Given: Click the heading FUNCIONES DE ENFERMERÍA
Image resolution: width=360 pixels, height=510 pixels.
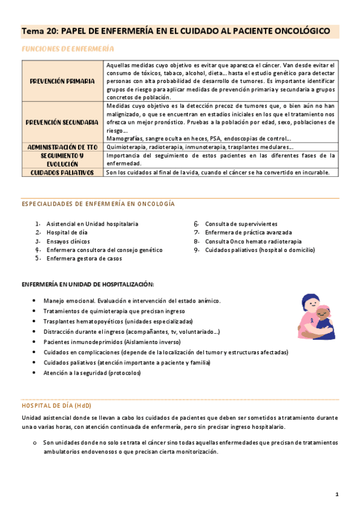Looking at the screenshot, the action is pyautogui.click(x=67, y=48).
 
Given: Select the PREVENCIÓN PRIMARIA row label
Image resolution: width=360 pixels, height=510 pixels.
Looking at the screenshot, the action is pyautogui.click(x=63, y=80).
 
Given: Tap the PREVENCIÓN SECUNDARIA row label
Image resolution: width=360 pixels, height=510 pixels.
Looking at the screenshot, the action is pyautogui.click(x=63, y=122).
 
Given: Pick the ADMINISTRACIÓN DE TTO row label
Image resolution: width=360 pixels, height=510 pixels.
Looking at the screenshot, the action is pyautogui.click(x=63, y=146).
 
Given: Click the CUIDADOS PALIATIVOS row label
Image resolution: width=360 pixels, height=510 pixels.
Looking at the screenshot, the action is pyautogui.click(x=63, y=172).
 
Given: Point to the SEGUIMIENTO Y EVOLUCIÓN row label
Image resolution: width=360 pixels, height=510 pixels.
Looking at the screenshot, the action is pyautogui.click(x=63, y=159).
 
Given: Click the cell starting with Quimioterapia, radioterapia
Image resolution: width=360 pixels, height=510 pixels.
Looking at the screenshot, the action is pyautogui.click(x=200, y=147).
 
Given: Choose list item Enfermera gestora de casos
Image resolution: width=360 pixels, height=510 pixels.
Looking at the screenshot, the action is pyautogui.click(x=84, y=259).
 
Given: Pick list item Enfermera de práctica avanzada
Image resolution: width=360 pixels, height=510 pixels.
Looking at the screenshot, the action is pyautogui.click(x=248, y=232).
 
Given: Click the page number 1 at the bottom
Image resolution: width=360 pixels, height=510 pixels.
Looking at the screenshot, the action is pyautogui.click(x=337, y=494).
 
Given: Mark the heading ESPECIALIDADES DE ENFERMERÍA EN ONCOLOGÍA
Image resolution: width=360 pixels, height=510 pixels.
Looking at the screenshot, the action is pyautogui.click(x=98, y=204).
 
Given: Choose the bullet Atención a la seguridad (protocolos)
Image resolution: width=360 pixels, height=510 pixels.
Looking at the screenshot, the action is pyautogui.click(x=92, y=373).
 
